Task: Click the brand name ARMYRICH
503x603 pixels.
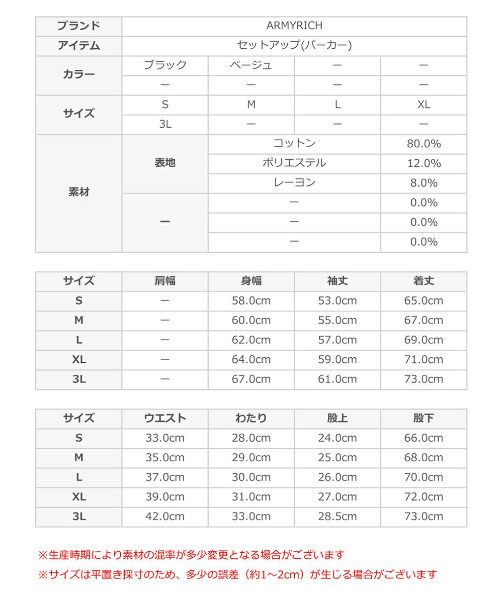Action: pyautogui.click(x=294, y=26)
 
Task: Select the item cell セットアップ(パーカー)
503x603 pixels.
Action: pyautogui.click(x=294, y=46)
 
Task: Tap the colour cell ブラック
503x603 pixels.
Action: pyautogui.click(x=165, y=65)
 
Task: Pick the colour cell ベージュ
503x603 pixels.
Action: pyautogui.click(x=251, y=65)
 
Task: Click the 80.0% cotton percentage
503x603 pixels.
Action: pyautogui.click(x=424, y=144)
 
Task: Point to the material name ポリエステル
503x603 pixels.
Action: pyautogui.click(x=294, y=163)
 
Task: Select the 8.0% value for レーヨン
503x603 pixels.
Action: pyautogui.click(x=424, y=183)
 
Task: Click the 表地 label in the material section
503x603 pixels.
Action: pyautogui.click(x=165, y=163)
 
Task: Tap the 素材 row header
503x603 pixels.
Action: pyautogui.click(x=78, y=192)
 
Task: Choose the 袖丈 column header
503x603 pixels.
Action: pyautogui.click(x=338, y=281)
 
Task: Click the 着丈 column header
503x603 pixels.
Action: pyautogui.click(x=424, y=281)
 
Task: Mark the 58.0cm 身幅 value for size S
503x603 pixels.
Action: pyautogui.click(x=251, y=301)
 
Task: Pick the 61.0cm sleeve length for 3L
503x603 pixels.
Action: pyautogui.click(x=338, y=379)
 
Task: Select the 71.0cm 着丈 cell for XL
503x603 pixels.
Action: pyautogui.click(x=424, y=360)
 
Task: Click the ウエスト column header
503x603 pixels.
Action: pyautogui.click(x=165, y=419)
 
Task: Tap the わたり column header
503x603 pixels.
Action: pyautogui.click(x=251, y=419)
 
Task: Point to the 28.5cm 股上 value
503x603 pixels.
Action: pyautogui.click(x=338, y=517)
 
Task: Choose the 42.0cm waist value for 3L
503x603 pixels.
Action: pyautogui.click(x=165, y=517)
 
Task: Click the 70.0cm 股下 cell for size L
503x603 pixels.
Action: pyautogui.click(x=424, y=477)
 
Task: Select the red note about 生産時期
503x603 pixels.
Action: pyautogui.click(x=192, y=555)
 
